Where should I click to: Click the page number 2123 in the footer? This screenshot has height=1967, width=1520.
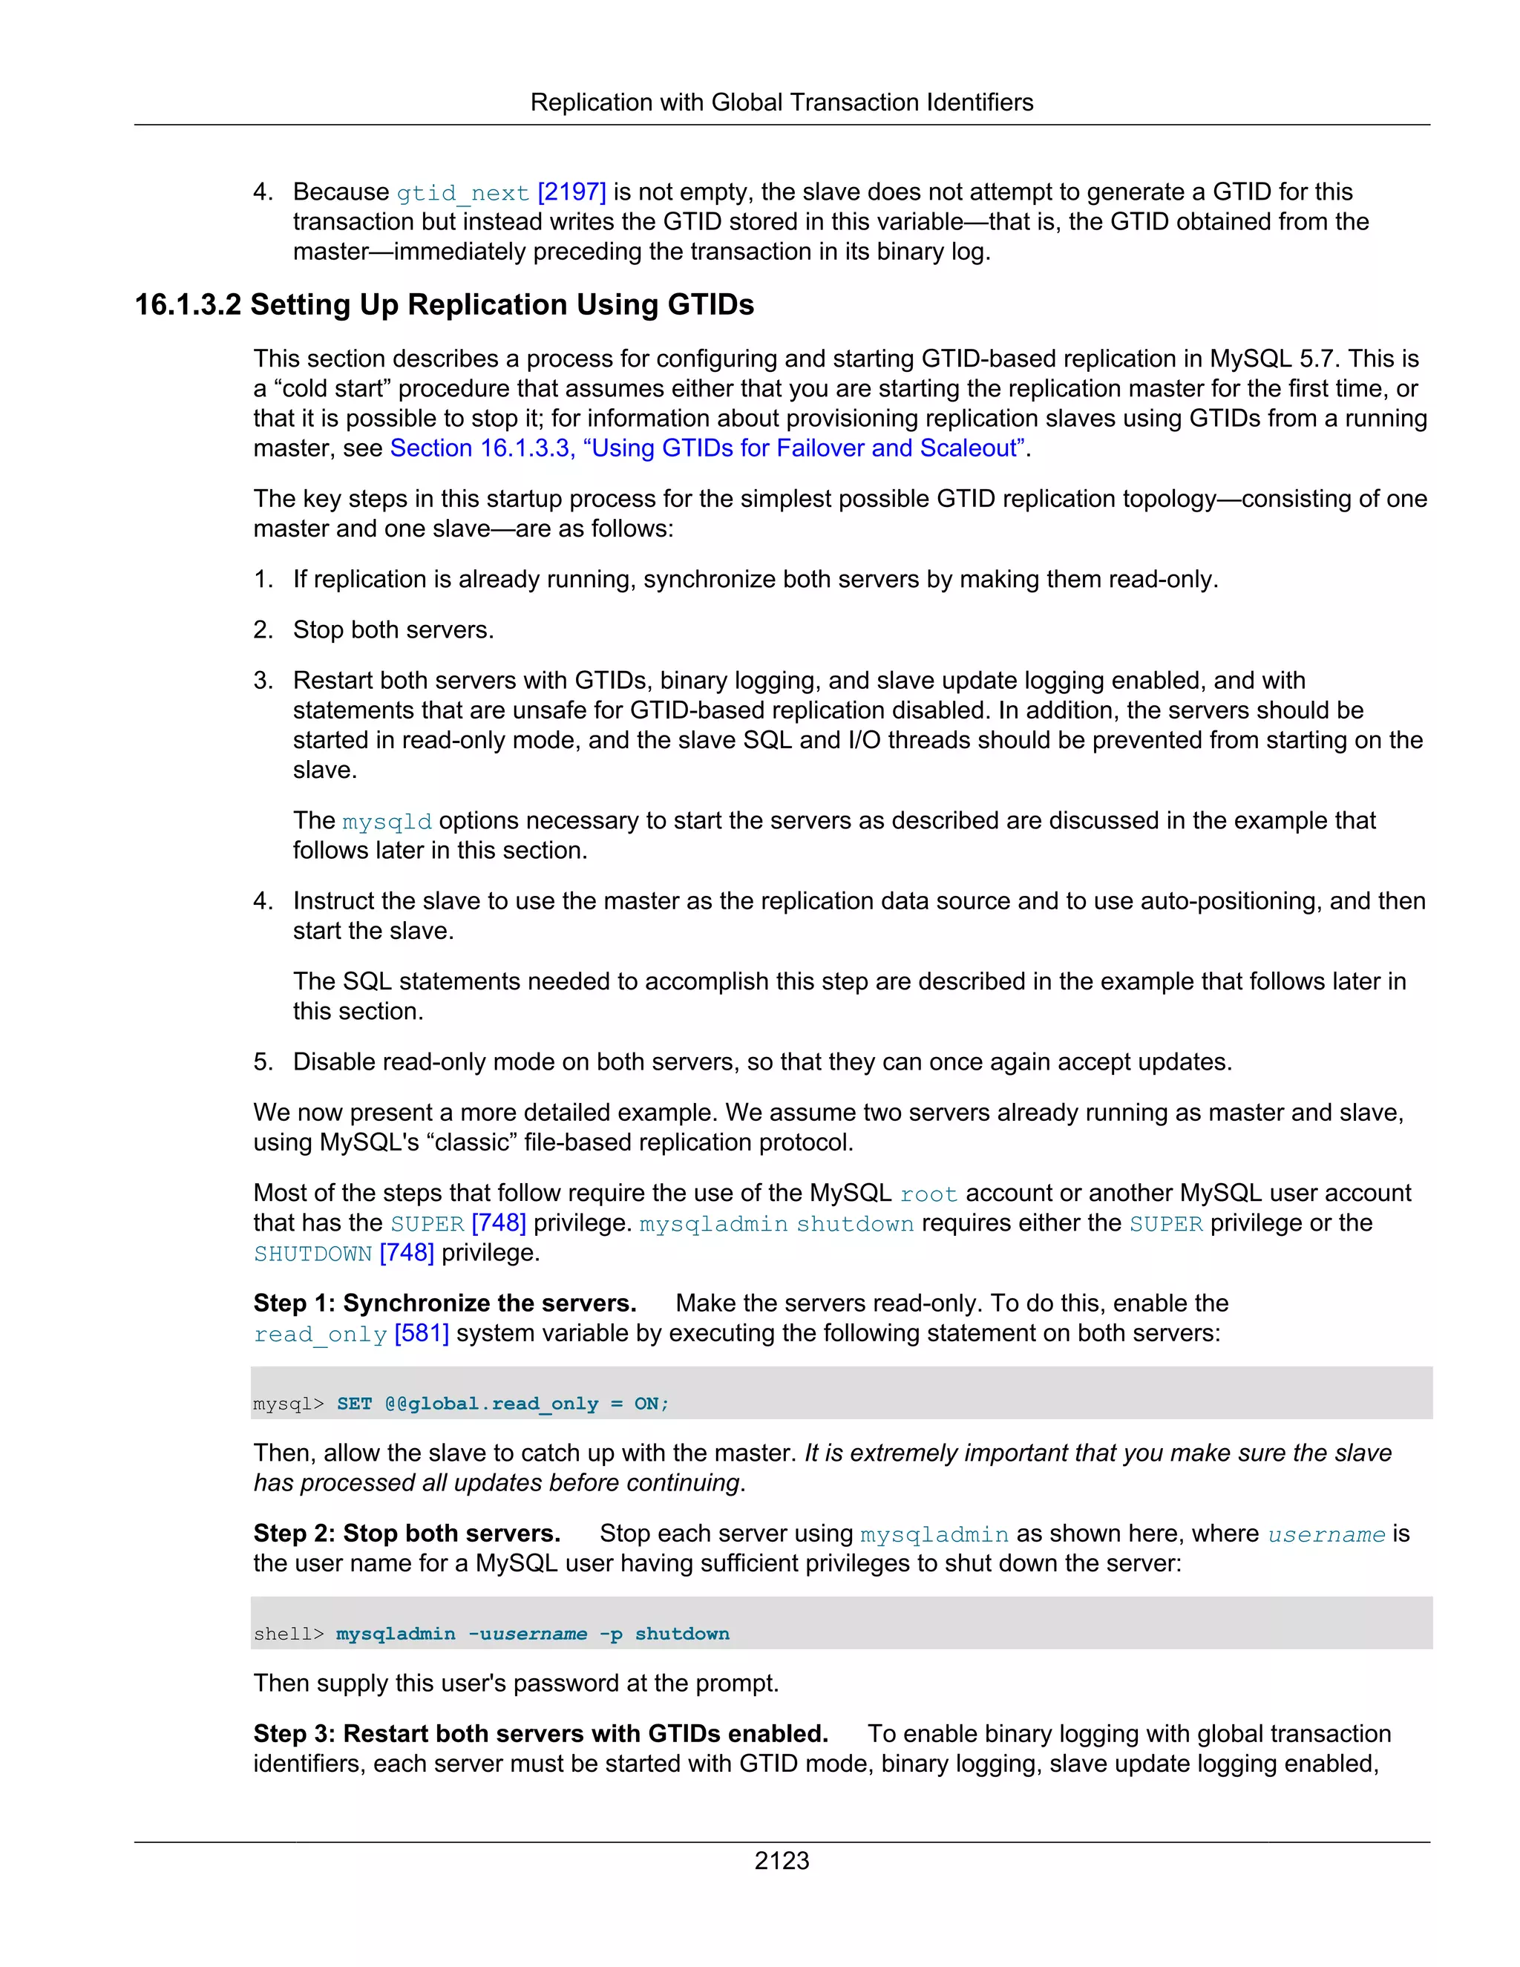781,1860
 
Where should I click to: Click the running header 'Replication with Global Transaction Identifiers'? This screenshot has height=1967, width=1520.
781,102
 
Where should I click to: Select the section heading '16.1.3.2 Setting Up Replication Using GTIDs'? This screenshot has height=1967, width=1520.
444,304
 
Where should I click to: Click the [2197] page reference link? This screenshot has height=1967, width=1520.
571,192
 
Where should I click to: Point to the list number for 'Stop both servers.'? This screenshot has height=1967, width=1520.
262,629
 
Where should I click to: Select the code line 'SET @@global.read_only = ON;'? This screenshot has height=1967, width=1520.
502,1403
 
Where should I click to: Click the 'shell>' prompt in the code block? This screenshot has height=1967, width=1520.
288,1634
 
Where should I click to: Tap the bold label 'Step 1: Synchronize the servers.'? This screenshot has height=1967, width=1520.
445,1303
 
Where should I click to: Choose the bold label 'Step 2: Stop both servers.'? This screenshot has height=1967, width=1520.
407,1533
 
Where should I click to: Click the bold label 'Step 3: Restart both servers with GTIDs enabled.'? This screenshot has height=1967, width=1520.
540,1734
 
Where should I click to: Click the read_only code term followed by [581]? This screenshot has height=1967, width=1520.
320,1334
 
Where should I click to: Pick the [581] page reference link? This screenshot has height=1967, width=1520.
422,1333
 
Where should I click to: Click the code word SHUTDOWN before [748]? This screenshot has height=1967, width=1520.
312,1254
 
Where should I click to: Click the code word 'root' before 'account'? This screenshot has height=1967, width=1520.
928,1194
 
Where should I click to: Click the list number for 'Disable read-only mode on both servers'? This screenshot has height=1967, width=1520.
262,1062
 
